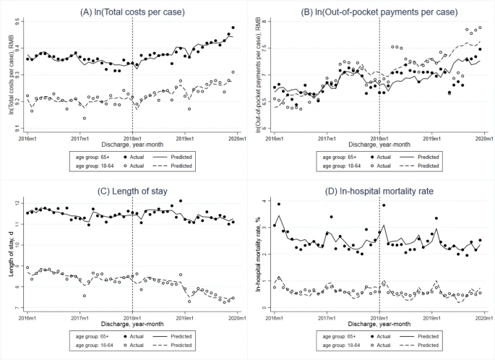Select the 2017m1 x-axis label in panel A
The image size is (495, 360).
(x=79, y=137)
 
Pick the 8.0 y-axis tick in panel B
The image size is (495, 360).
(x=264, y=22)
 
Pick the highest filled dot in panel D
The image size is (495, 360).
(x=279, y=204)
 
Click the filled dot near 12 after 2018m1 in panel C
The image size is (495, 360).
(x=180, y=201)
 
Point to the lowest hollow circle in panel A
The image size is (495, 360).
(x=85, y=118)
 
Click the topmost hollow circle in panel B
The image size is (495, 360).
(x=480, y=27)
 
